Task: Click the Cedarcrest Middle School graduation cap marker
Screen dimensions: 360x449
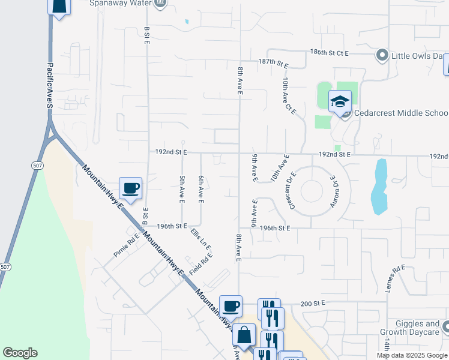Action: pos(340,101)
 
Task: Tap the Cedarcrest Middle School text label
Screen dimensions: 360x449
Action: pos(400,113)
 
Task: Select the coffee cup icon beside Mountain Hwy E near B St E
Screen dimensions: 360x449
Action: pos(130,188)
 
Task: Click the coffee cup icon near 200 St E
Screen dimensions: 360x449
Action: pos(231,306)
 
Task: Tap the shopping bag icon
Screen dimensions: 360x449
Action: pos(244,335)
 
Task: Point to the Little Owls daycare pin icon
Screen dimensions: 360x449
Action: pos(382,56)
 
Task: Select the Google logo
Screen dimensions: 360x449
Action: pos(20,353)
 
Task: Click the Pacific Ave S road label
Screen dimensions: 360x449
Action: pos(50,86)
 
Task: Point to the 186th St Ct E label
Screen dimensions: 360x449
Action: pos(330,53)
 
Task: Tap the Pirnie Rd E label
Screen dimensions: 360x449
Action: pos(126,245)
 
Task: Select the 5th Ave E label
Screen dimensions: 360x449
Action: pos(181,188)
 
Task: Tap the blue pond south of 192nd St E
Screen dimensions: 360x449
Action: pos(379,186)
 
